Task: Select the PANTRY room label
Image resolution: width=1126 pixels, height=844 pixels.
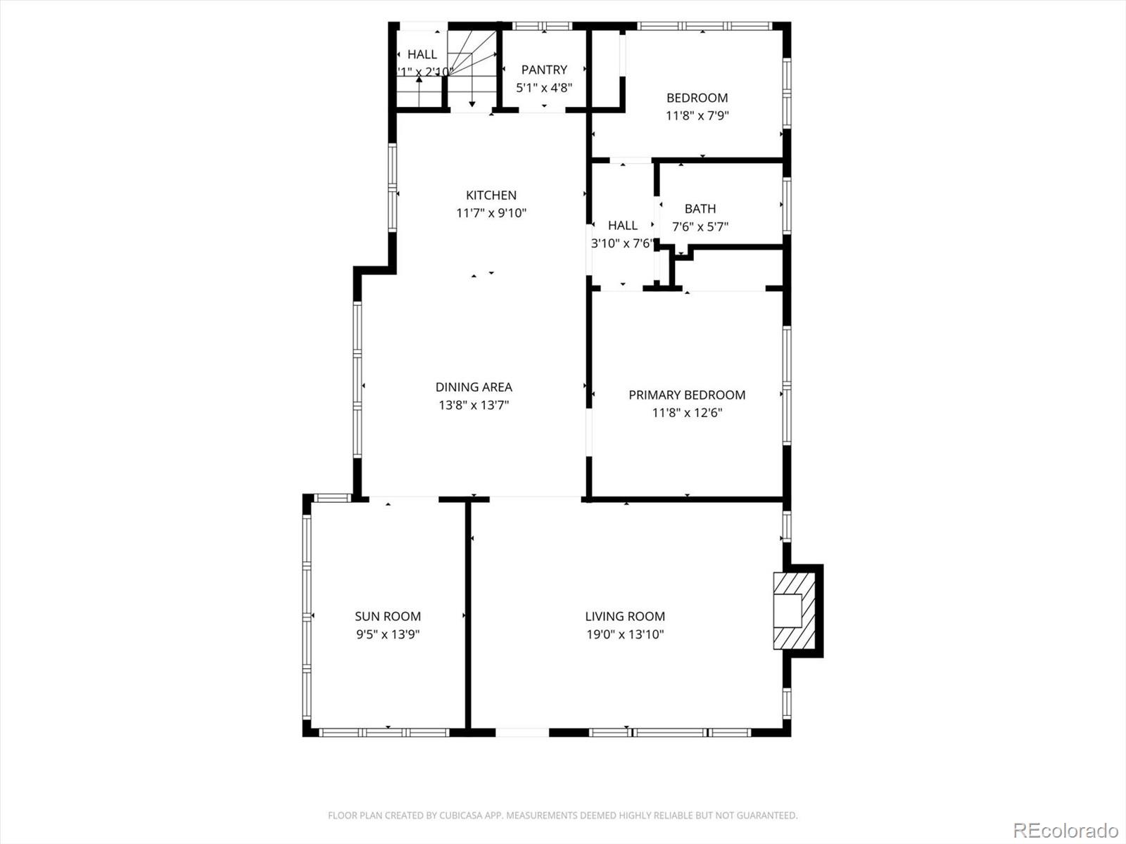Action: pos(544,70)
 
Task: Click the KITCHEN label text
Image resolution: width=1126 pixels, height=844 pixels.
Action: pos(491,195)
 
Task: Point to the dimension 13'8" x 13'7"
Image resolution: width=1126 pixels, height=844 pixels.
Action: pos(474,405)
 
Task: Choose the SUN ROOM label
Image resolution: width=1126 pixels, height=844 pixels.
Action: pos(388,616)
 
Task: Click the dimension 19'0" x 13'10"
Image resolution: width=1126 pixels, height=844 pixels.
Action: pos(625,634)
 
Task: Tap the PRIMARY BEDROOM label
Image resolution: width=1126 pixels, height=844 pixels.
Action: pos(687,395)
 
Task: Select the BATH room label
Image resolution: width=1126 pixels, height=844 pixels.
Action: pos(700,208)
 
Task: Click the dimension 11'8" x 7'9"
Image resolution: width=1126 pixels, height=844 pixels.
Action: pos(697,115)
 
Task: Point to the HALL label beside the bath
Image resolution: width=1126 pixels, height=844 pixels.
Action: pos(623,225)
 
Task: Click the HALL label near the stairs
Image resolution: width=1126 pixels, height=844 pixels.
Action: pos(422,54)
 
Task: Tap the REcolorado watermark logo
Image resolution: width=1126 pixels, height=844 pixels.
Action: pos(1065,830)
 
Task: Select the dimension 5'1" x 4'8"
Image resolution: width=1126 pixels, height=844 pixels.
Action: pos(544,88)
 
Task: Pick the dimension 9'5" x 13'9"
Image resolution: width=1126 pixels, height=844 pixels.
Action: pos(388,634)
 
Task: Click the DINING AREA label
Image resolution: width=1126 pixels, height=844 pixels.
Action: pos(474,387)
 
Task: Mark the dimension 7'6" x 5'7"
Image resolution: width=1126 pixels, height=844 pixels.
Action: pos(700,226)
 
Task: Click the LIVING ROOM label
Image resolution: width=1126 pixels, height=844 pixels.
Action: pos(625,616)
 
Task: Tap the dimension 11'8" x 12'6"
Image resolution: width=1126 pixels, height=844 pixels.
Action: pos(687,413)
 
